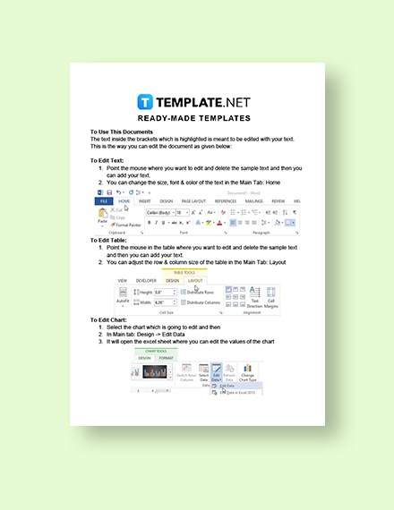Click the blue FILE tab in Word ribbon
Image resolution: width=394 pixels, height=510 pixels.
[103, 201]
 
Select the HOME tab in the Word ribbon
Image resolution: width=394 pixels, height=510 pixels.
[124, 201]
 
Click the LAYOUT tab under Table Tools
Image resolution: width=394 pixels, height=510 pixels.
[195, 280]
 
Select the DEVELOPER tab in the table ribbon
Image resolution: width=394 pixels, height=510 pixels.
[148, 280]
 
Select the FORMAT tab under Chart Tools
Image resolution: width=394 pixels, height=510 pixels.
[167, 357]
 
